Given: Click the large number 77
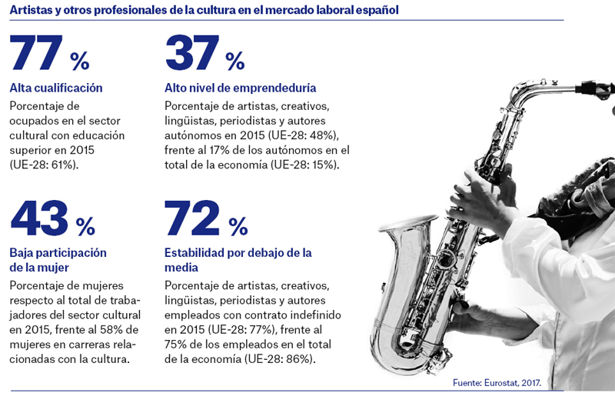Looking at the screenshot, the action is [x=36, y=52].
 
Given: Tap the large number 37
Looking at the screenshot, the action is [x=192, y=52].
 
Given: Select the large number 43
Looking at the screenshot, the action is [x=39, y=218].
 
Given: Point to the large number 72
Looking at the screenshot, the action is [x=191, y=218].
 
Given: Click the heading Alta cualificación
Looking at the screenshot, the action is [x=56, y=88].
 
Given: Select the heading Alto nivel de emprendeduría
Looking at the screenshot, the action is [x=241, y=88].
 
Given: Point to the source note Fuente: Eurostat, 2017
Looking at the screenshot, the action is [x=497, y=383].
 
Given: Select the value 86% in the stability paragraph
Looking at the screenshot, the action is [x=299, y=359].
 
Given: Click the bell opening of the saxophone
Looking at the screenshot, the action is [x=408, y=224].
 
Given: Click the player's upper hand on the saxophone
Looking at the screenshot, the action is [x=483, y=192].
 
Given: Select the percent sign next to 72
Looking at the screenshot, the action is [x=238, y=226].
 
